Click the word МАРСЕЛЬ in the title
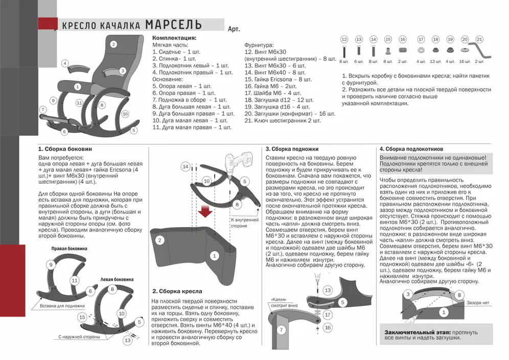pos(173,25)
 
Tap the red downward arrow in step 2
pos(206,211)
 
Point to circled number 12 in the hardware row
pos(344,39)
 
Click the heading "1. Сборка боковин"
pos(65,149)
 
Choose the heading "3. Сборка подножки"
pos(292,149)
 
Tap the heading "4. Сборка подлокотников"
pos(411,149)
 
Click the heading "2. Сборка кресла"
pos(177,291)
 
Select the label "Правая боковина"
pos(69,249)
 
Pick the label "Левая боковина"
pos(117,279)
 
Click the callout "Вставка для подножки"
pos(62,306)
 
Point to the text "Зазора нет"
pos(478,303)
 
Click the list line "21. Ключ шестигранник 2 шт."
pos(283,121)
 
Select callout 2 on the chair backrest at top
pos(113,44)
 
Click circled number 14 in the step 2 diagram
pos(186,166)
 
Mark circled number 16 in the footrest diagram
pos(328,327)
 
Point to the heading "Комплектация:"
pos(174,38)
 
